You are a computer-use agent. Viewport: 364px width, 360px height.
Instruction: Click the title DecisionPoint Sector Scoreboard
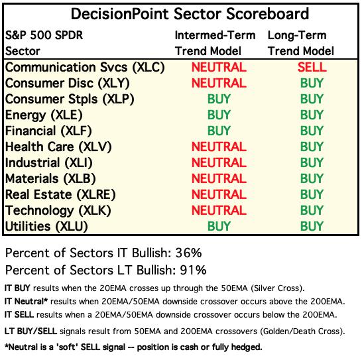190,14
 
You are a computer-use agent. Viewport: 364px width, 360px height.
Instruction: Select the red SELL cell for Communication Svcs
312,68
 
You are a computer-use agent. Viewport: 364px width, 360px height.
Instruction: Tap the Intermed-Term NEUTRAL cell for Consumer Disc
219,83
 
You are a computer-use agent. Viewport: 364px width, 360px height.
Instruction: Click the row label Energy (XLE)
44,115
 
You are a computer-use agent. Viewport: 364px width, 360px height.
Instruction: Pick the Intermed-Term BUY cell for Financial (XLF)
219,131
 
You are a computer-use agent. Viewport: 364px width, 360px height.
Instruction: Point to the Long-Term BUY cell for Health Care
312,147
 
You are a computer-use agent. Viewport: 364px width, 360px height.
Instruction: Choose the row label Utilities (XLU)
46,227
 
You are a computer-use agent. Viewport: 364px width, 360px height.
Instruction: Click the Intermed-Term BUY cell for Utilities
219,226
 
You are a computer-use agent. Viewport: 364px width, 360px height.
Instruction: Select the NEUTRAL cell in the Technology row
219,210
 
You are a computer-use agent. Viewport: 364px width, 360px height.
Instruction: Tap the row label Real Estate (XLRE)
60,195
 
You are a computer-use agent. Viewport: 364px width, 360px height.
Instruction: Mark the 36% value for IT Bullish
188,253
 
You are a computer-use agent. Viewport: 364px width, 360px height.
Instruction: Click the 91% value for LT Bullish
193,270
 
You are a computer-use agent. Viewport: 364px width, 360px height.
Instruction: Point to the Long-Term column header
301,43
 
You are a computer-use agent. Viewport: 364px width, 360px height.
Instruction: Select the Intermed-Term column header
215,43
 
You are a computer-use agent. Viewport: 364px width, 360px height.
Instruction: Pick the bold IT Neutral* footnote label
26,302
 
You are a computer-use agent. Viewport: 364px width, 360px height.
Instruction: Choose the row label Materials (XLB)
50,179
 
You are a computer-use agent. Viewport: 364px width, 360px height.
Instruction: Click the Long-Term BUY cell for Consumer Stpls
312,99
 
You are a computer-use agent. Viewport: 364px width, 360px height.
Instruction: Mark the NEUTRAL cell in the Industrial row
219,162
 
